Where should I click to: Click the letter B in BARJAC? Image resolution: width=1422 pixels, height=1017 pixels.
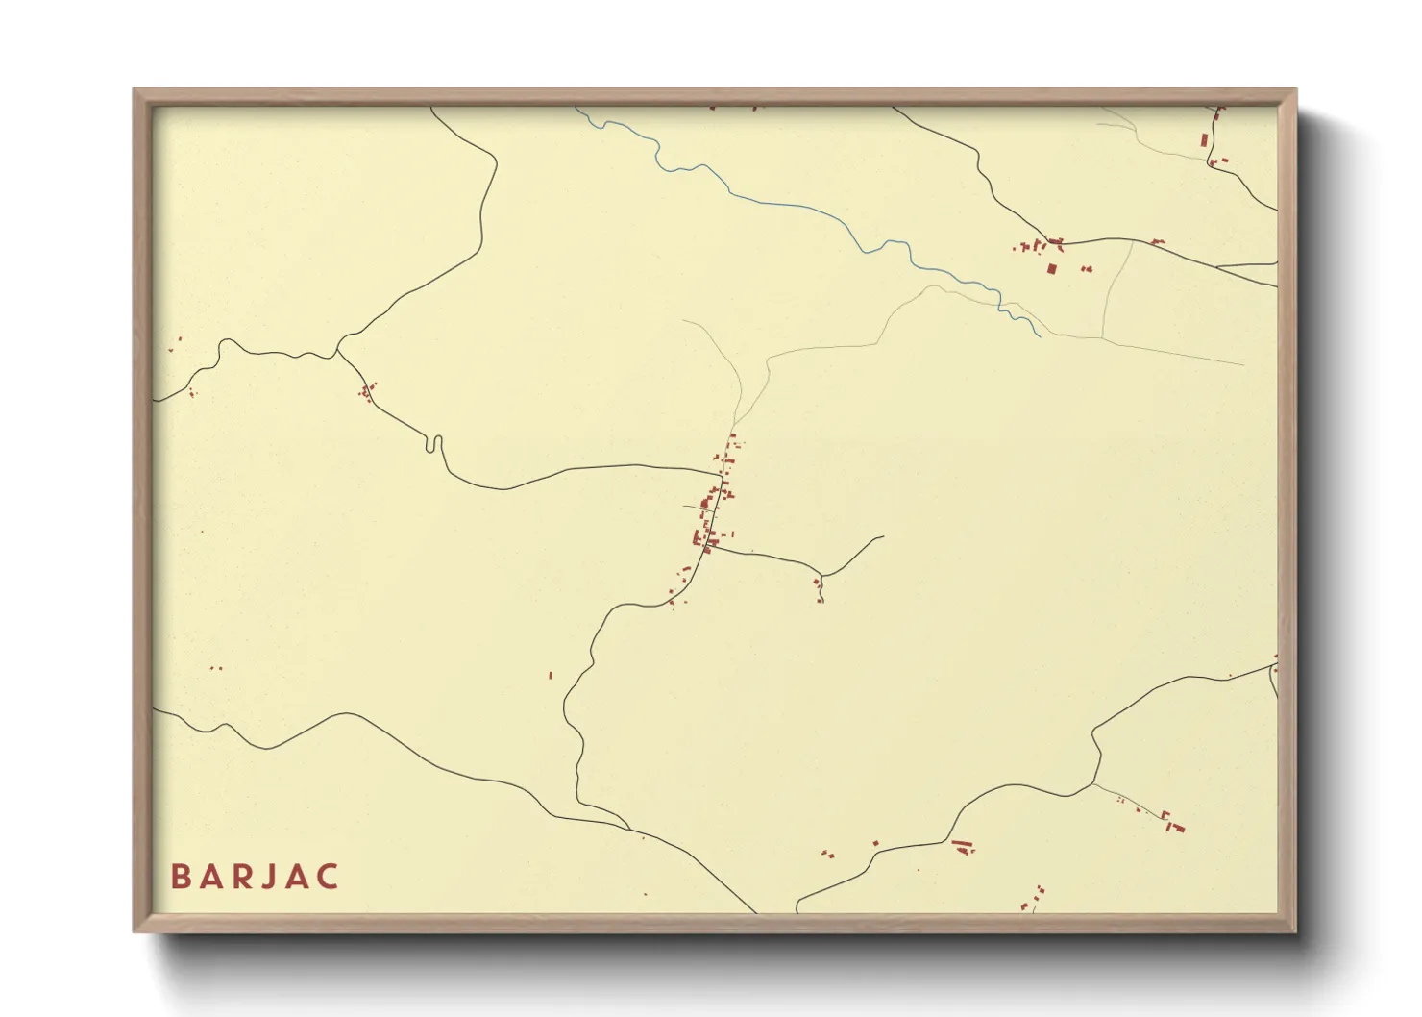pyautogui.click(x=180, y=877)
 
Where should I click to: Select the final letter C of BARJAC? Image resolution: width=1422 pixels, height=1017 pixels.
pyautogui.click(x=328, y=877)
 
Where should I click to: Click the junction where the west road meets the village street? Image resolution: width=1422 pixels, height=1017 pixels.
pyautogui.click(x=721, y=473)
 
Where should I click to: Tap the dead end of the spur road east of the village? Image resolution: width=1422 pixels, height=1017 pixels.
pyautogui.click(x=882, y=536)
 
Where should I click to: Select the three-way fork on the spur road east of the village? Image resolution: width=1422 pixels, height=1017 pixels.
pyautogui.click(x=822, y=576)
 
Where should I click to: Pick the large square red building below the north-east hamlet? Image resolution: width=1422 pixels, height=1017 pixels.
pyautogui.click(x=1051, y=268)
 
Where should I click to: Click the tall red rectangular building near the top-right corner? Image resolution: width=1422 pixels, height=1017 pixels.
pyautogui.click(x=1204, y=139)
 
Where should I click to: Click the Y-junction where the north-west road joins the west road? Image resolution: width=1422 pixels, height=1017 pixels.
pyautogui.click(x=337, y=352)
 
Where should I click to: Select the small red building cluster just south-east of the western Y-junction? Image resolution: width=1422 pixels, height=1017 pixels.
pyautogui.click(x=366, y=391)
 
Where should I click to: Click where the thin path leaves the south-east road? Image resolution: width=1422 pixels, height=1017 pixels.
pyautogui.click(x=1093, y=784)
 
